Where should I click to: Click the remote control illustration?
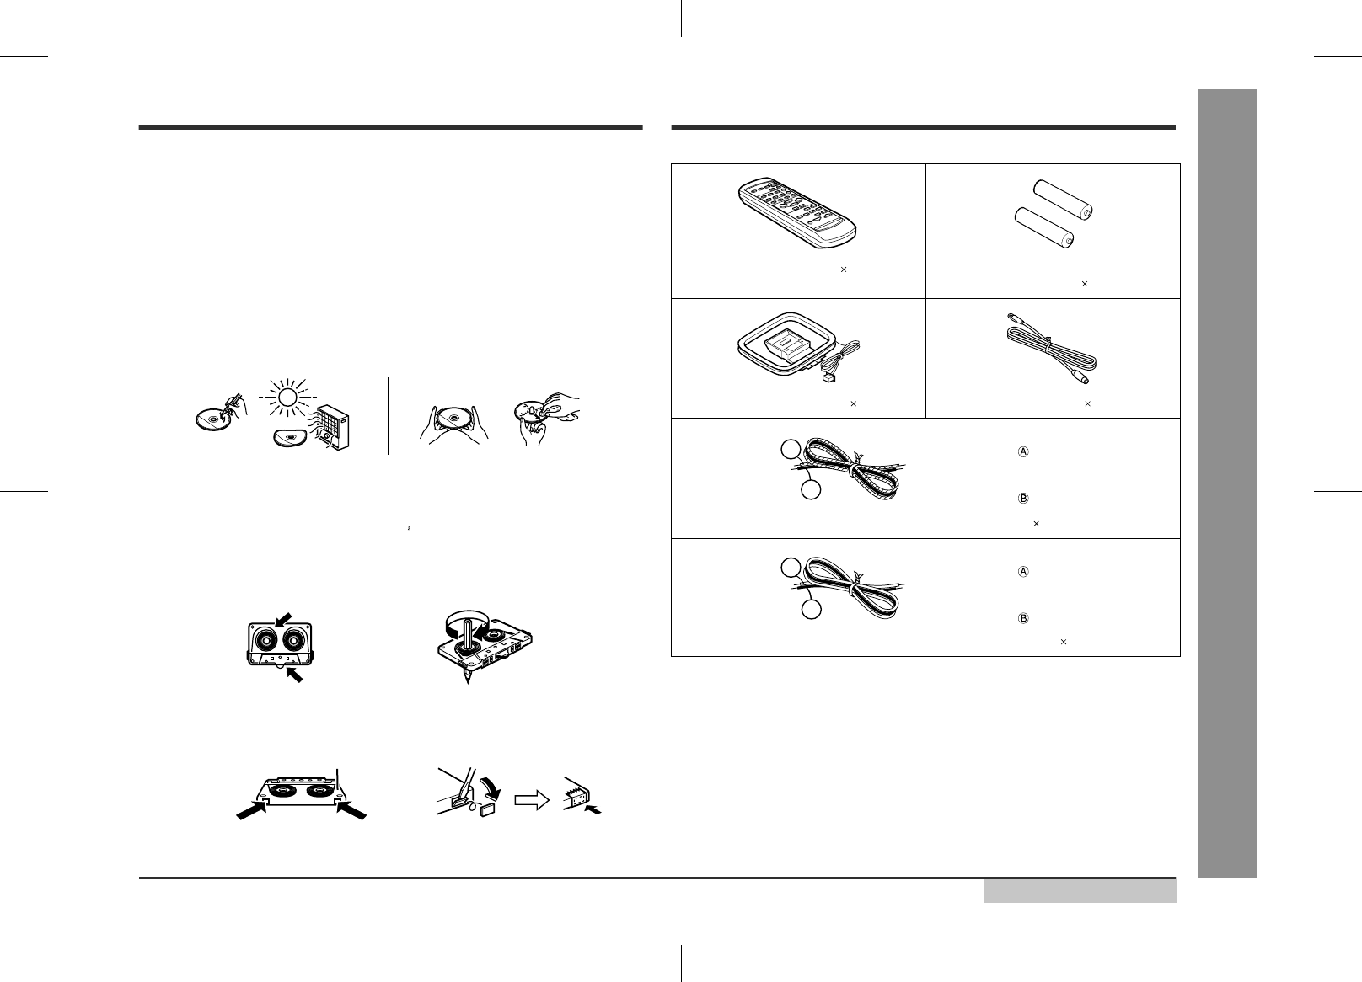[797, 213]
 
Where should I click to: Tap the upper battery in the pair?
[1064, 200]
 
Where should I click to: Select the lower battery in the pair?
[1044, 228]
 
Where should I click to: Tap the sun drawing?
[287, 398]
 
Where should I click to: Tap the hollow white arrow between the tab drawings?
[532, 800]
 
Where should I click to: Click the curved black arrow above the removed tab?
[491, 788]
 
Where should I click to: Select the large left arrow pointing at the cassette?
[252, 810]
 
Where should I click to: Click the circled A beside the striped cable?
[1023, 452]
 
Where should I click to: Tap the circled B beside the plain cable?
[1023, 619]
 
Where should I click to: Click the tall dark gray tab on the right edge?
[1228, 483]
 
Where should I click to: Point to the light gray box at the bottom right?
[1080, 891]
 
